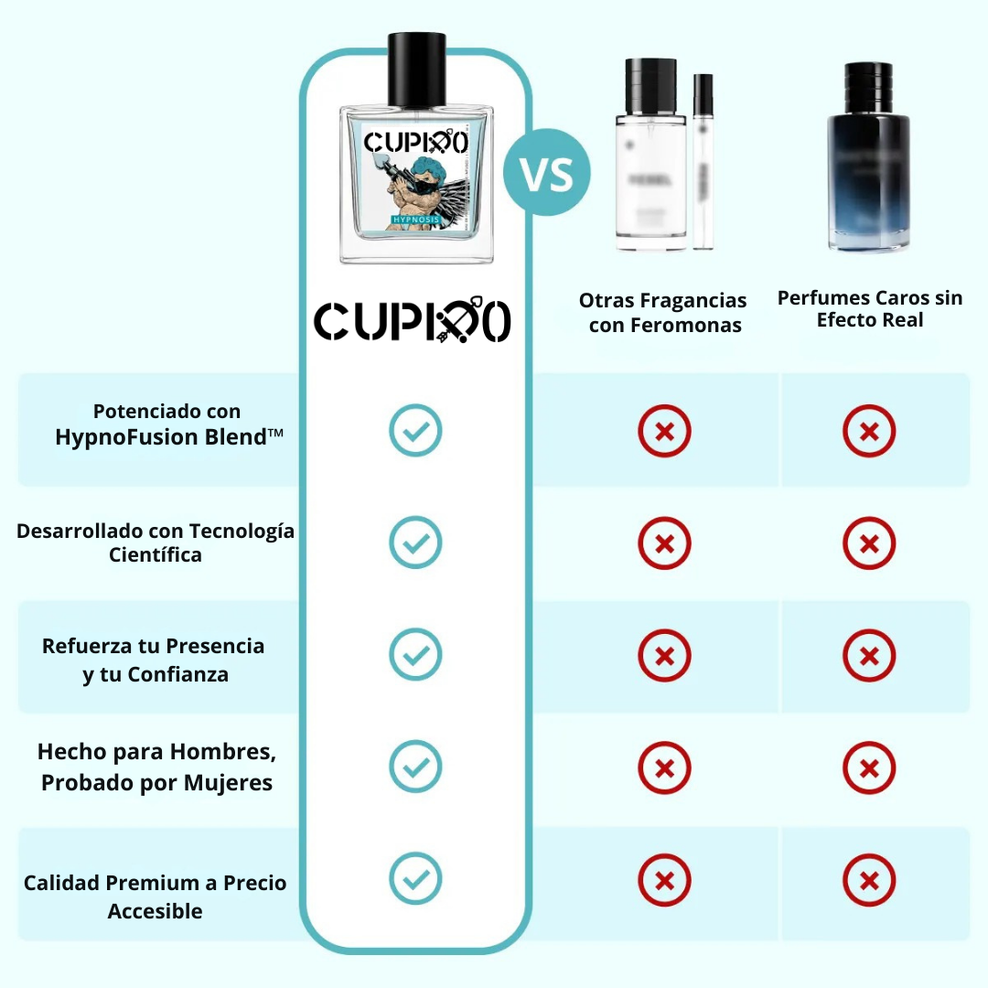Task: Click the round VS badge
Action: pyautogui.click(x=546, y=172)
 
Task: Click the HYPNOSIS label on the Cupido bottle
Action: pyautogui.click(x=416, y=220)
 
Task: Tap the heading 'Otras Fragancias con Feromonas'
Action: pyautogui.click(x=663, y=313)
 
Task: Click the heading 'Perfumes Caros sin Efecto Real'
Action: pyautogui.click(x=870, y=309)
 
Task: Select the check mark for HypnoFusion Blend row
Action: pyautogui.click(x=415, y=430)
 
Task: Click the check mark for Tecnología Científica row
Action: pyautogui.click(x=415, y=542)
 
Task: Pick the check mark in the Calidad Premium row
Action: pyautogui.click(x=415, y=879)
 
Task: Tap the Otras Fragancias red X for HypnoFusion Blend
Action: pyautogui.click(x=664, y=430)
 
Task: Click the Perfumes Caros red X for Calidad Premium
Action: pyautogui.click(x=869, y=881)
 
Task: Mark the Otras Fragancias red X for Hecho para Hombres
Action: pyautogui.click(x=664, y=768)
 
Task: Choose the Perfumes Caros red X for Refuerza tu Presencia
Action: pyautogui.click(x=869, y=655)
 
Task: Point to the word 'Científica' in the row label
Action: pyautogui.click(x=156, y=555)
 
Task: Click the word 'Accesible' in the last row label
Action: pyautogui.click(x=156, y=911)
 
